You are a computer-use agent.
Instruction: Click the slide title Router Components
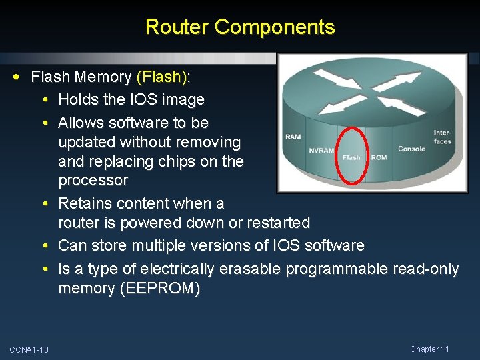point(240,27)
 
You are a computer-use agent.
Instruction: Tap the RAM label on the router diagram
point(293,137)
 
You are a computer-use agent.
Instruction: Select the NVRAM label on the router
point(321,151)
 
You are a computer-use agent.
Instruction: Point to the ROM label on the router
point(379,157)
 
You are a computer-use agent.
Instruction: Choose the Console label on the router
point(411,149)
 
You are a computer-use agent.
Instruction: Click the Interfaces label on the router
point(443,137)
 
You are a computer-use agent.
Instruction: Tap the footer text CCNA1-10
point(29,350)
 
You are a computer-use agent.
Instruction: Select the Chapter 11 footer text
point(430,349)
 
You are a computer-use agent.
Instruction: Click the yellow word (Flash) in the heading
point(161,77)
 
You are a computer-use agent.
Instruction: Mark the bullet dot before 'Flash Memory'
point(23,77)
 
